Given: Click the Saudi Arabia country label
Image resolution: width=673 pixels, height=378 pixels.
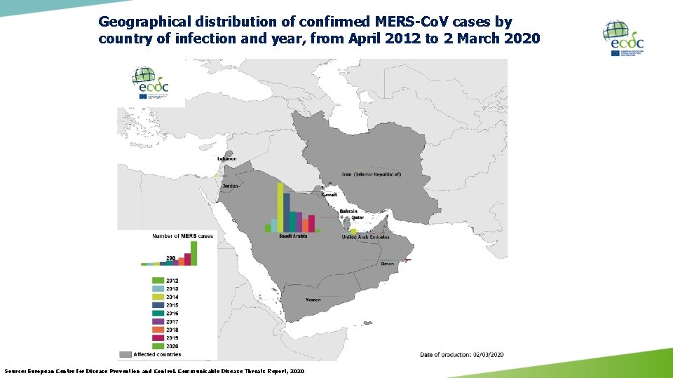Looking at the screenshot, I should (293, 237).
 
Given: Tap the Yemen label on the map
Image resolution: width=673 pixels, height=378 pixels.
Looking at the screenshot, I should (313, 300).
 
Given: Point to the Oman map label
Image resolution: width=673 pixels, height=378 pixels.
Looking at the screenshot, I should (387, 264).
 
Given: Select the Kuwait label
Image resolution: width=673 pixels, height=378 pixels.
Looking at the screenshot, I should (329, 195).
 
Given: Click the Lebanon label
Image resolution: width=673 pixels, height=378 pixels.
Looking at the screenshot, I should (226, 159).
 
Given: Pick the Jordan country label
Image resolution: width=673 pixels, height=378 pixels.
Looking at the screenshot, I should (230, 185).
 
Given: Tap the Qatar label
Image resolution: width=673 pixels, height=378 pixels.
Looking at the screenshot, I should (348, 218).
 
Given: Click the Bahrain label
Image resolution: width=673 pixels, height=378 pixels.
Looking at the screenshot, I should (348, 211).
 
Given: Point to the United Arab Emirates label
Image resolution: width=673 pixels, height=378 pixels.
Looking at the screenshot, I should (365, 237).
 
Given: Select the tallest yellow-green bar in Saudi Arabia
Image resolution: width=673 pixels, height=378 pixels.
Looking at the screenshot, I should (280, 207).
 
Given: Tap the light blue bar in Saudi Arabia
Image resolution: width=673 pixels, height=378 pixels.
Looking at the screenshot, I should (274, 225).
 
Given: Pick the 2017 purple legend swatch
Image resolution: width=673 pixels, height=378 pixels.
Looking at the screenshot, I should (157, 322).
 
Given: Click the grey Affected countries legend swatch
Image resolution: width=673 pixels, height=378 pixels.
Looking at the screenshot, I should (126, 355).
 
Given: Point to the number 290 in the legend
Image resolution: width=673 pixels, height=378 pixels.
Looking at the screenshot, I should (170, 258).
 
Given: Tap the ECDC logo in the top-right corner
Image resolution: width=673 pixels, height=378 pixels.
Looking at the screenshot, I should (623, 38).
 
